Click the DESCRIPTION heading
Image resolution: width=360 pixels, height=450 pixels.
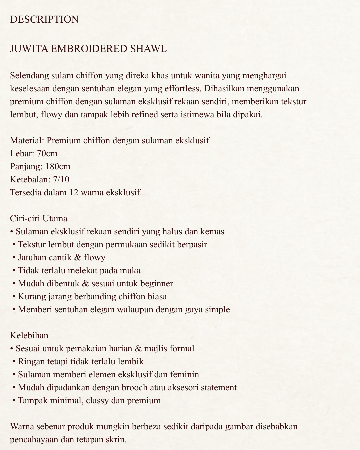pos(44,19)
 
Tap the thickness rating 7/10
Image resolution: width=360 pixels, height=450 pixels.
pos(61,180)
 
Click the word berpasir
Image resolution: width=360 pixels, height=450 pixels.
pos(192,245)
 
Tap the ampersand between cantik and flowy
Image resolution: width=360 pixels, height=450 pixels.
pos(78,258)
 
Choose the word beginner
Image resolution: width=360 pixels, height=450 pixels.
pos(157,284)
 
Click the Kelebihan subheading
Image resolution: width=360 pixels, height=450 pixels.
pos(29,336)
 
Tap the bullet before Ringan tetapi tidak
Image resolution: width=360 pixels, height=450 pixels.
pos(14,362)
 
